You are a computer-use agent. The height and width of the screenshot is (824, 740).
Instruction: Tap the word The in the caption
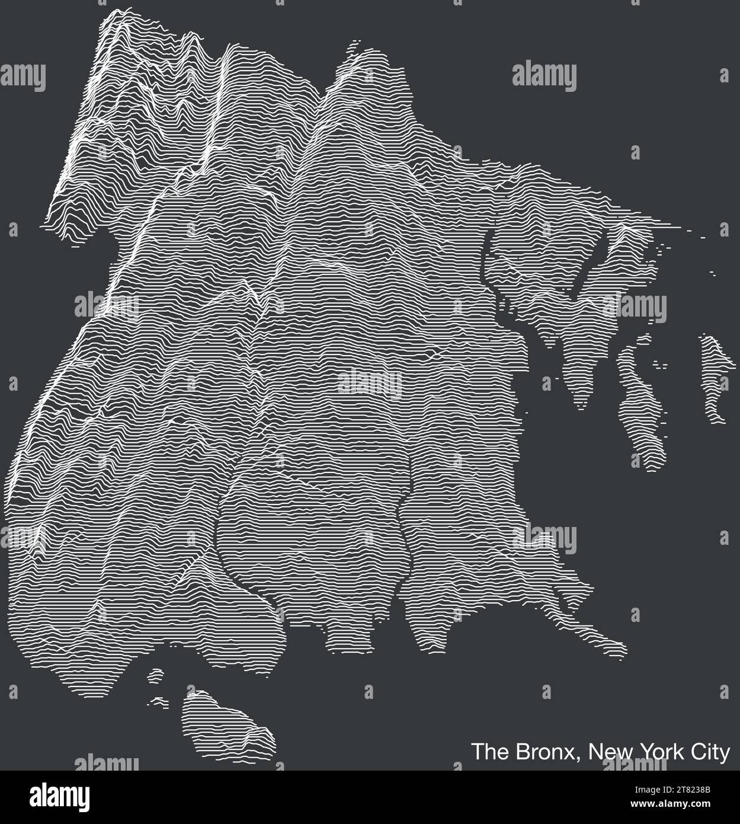[x=486, y=752]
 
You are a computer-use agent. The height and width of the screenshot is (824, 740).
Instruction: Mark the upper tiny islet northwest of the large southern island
[x=156, y=674]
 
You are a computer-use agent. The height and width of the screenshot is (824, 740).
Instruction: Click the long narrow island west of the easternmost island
[x=640, y=403]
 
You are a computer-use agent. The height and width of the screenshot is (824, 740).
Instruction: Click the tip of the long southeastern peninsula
[x=622, y=652]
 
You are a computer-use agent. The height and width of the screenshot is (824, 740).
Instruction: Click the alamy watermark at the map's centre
[x=370, y=382]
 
